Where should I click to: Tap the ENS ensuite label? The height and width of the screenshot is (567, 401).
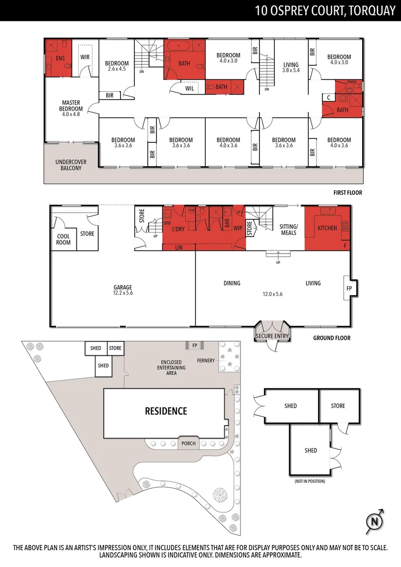tap(60, 58)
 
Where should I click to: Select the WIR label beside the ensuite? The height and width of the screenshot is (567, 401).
tap(85, 57)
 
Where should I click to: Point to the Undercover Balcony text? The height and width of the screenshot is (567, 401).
tap(71, 165)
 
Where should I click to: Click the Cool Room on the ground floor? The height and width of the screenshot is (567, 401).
tap(64, 239)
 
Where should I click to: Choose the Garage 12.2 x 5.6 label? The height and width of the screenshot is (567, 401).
tap(123, 290)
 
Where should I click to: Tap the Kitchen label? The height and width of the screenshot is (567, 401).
tap(327, 228)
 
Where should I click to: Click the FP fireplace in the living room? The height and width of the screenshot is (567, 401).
tap(349, 289)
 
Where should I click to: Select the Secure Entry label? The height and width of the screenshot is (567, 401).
tap(272, 336)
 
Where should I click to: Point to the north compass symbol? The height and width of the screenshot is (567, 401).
tap(374, 521)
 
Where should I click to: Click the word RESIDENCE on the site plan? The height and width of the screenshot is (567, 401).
tap(166, 411)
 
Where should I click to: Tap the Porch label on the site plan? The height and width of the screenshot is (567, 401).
tap(188, 443)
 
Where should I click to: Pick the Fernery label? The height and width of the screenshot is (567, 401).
tap(206, 361)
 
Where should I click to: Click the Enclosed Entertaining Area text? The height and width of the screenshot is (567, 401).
tap(172, 367)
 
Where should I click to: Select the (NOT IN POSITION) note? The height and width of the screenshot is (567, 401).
tap(310, 481)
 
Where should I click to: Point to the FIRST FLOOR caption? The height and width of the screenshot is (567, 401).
tap(348, 193)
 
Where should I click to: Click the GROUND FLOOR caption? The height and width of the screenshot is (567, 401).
tap(332, 338)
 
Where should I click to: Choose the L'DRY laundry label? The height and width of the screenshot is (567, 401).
tap(178, 229)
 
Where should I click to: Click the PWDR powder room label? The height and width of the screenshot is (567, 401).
tap(352, 82)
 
